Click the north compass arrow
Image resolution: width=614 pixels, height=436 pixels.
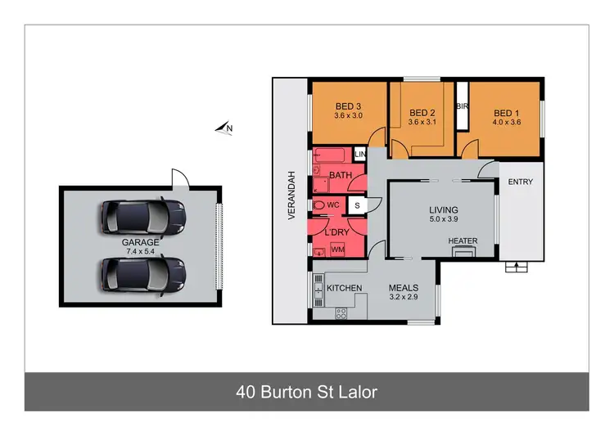pos(223,128)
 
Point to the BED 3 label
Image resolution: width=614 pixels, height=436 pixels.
pos(349,106)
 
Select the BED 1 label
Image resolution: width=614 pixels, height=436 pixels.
pos(506,113)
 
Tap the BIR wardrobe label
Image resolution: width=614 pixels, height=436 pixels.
pos(462,106)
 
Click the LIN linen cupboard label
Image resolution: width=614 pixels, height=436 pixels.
pos(360,154)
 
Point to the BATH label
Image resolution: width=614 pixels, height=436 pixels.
pos(340,176)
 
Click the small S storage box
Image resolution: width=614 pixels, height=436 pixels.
pos(357,205)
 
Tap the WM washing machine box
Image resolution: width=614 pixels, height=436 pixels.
pos(337,249)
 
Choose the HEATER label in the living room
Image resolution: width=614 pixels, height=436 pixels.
pos(463,240)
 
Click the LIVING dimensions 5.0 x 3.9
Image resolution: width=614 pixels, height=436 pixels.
pos(443,219)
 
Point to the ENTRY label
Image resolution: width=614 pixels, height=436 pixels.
pos(520,182)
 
